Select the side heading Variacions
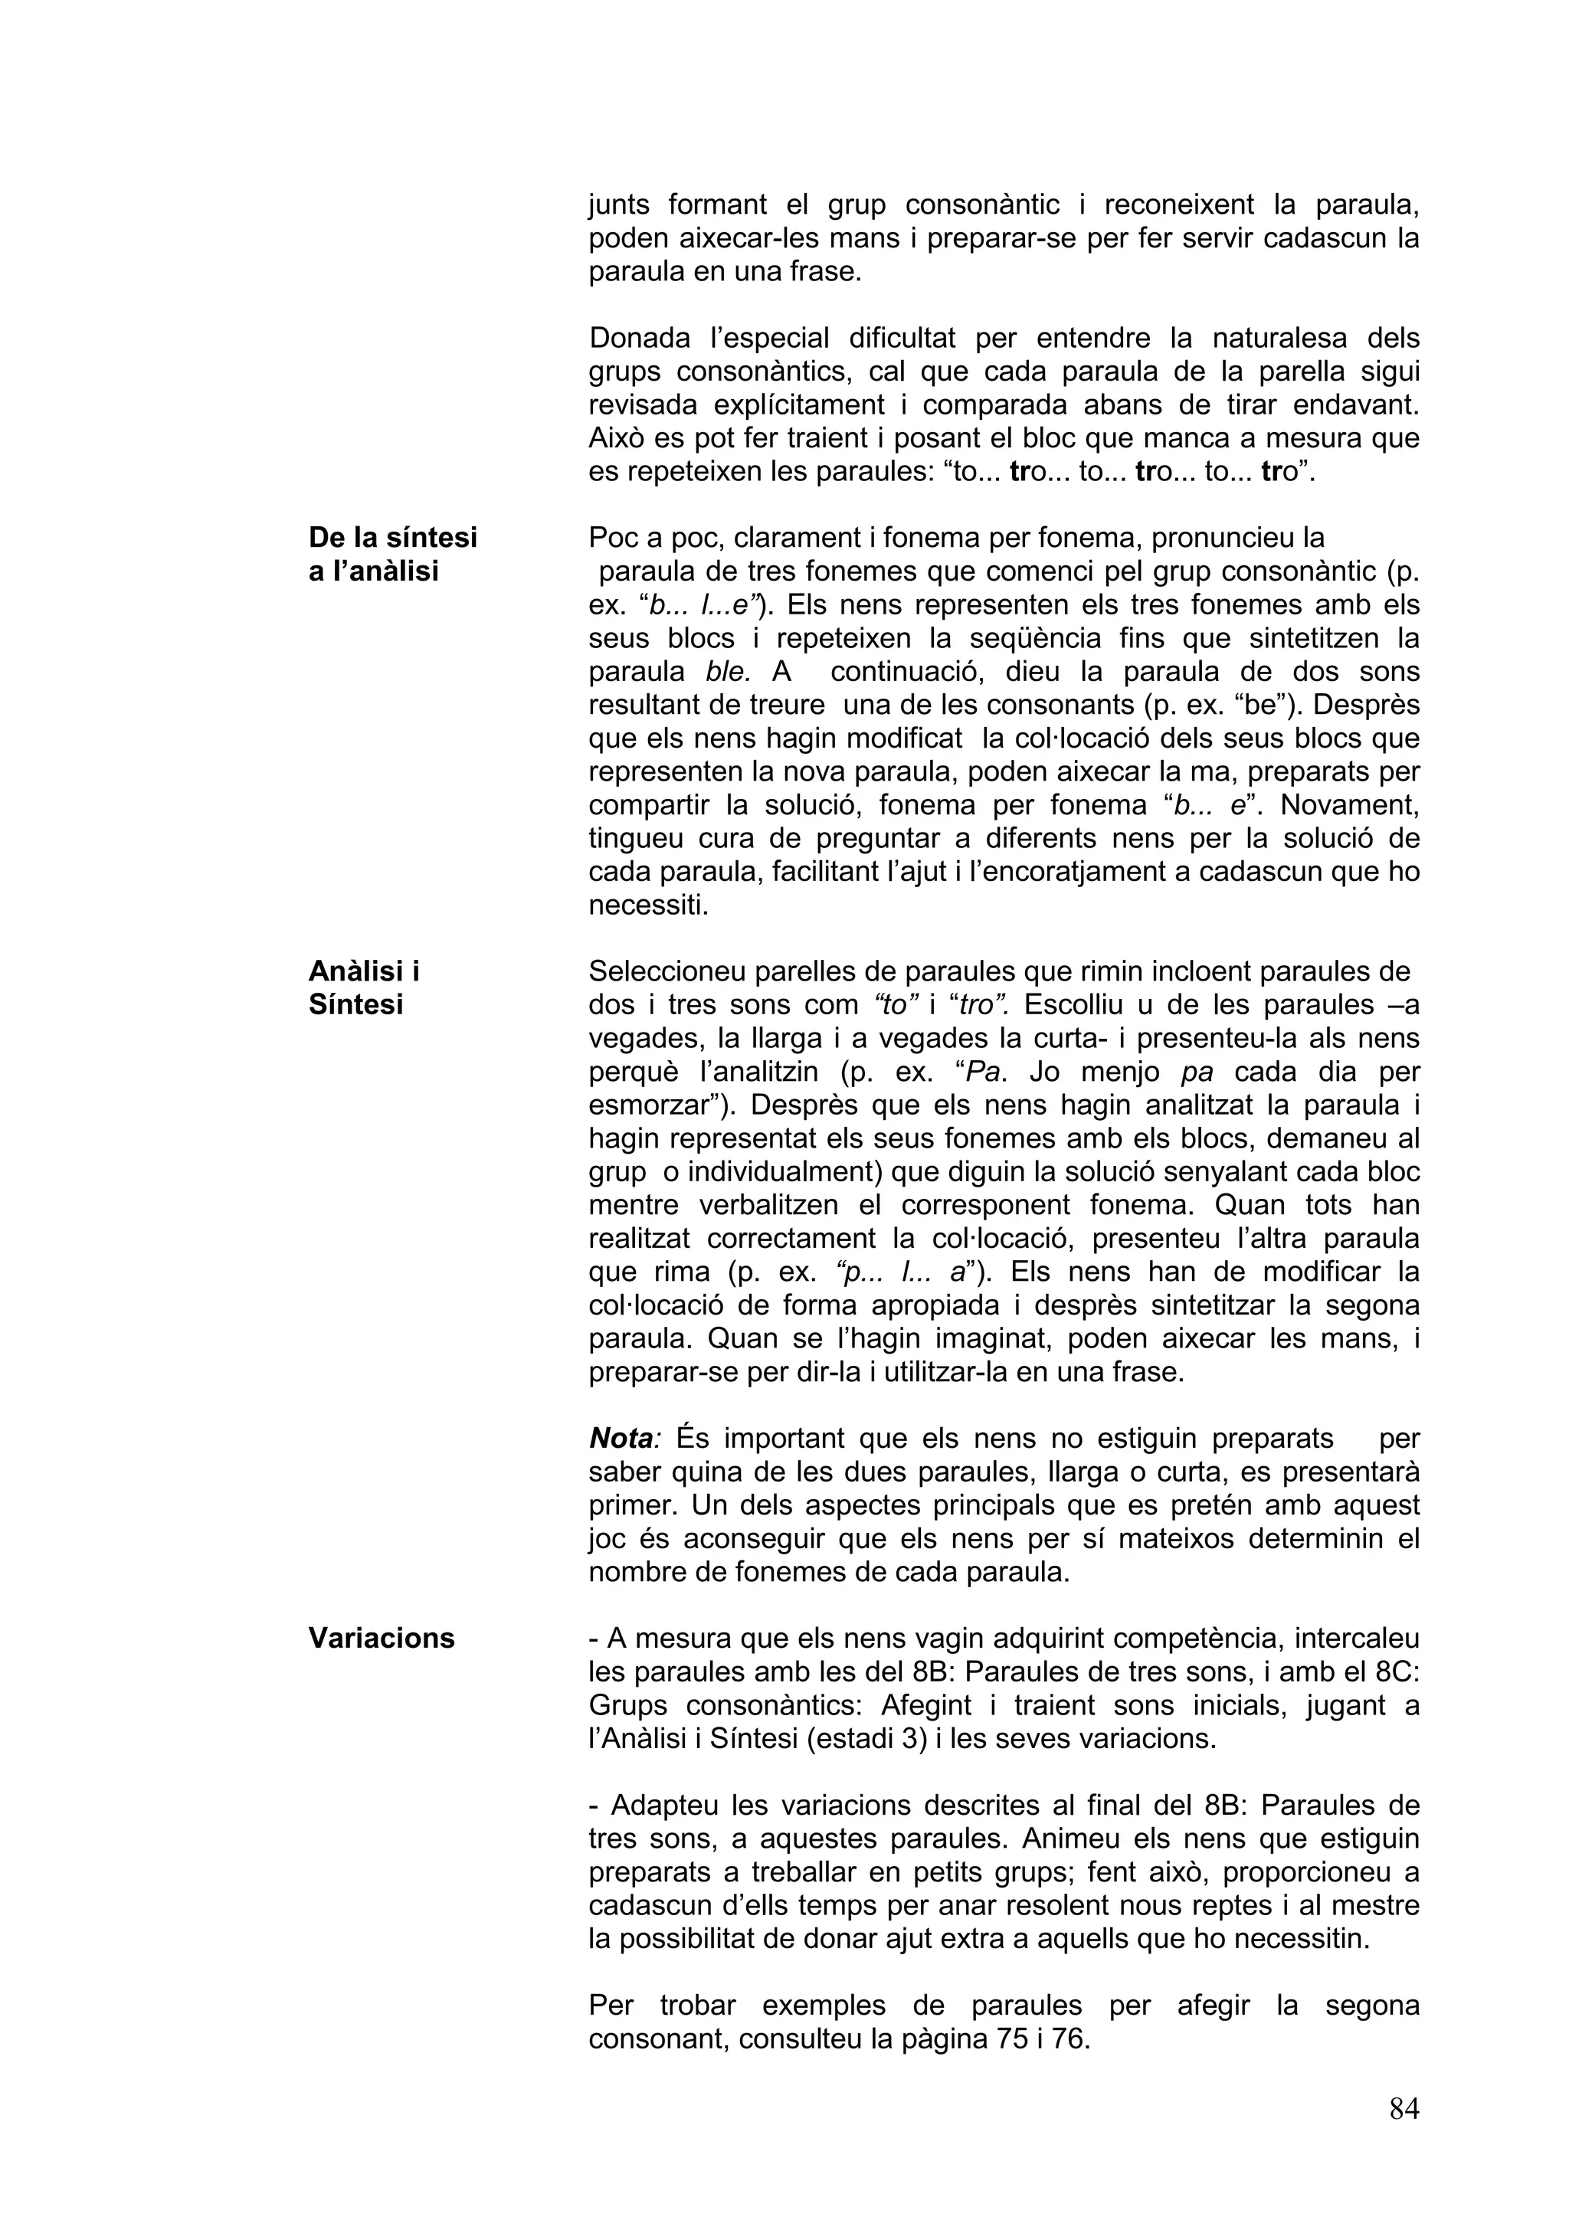(x=381, y=1638)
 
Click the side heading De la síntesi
(x=392, y=537)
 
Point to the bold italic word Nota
(x=620, y=1438)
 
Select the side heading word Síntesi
(x=355, y=1004)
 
